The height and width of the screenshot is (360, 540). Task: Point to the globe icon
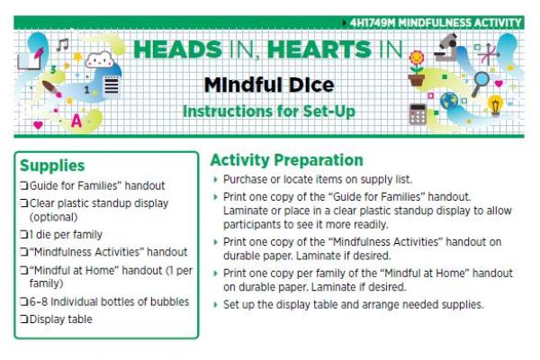tap(448, 101)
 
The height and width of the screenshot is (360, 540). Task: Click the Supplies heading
tap(52, 166)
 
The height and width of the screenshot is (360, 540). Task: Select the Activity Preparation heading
tap(286, 161)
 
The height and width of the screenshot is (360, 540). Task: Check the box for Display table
tap(24, 319)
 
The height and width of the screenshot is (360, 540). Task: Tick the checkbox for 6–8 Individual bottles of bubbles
tap(24, 301)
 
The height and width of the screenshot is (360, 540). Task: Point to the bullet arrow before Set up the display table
tap(215, 304)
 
